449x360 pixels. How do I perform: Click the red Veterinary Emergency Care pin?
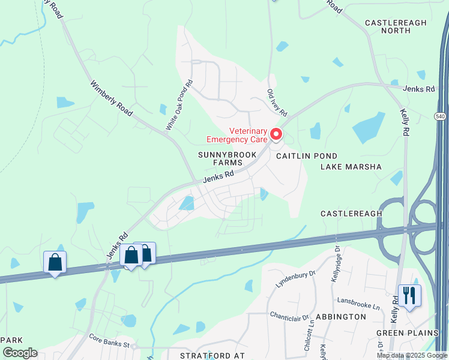(276, 134)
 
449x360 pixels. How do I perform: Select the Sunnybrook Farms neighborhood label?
(228, 158)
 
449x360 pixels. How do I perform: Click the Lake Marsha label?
(351, 167)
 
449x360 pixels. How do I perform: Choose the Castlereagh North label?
(396, 27)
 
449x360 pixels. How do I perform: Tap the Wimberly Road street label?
(111, 100)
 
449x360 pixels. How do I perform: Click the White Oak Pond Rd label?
(179, 105)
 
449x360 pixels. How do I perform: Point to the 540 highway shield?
(441, 116)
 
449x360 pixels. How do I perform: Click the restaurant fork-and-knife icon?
(409, 296)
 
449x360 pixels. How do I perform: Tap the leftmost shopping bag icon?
(55, 262)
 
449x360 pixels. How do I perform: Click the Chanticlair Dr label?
(289, 316)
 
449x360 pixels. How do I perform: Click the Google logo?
(20, 353)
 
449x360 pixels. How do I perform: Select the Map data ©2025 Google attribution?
(412, 355)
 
